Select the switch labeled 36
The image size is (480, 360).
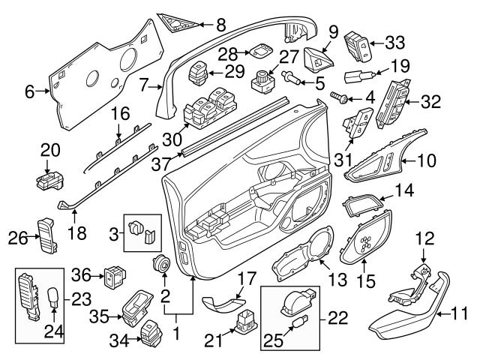[x=115, y=277]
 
